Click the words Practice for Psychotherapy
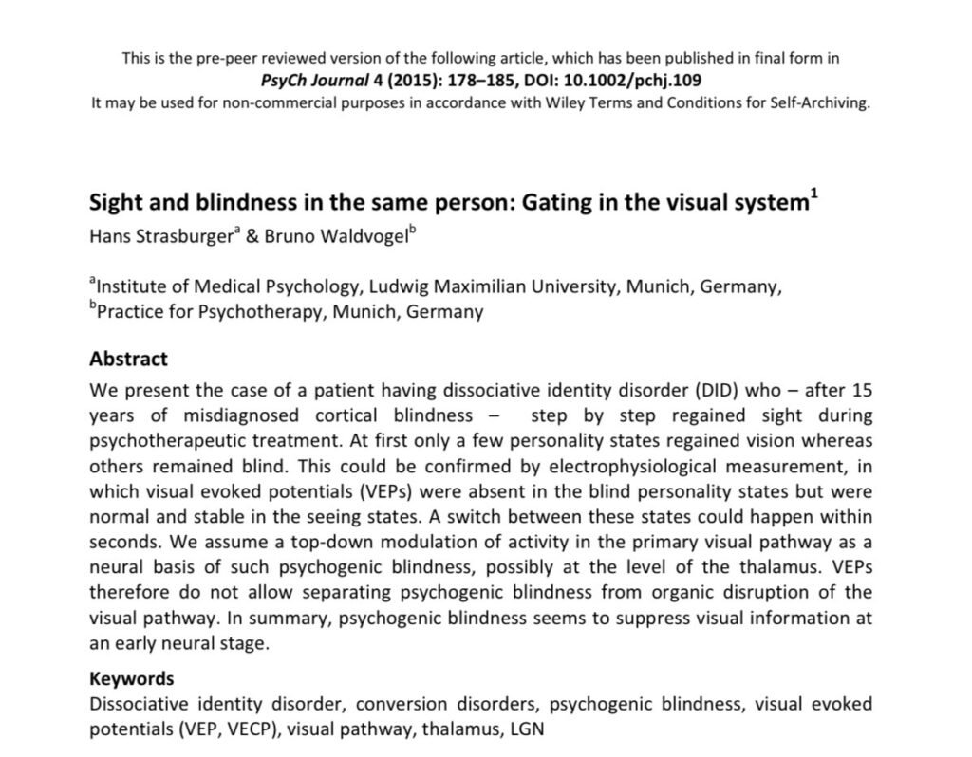pyautogui.click(x=208, y=311)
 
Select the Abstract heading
pyautogui.click(x=128, y=360)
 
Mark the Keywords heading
pyautogui.click(x=132, y=678)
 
